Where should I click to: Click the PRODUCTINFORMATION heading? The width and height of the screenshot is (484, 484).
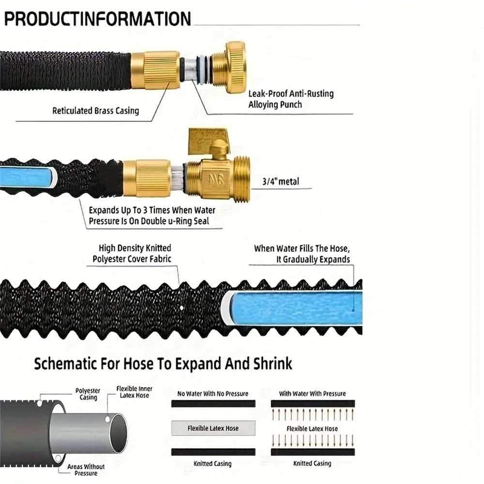tap(98, 19)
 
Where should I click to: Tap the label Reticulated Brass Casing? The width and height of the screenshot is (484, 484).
tap(96, 110)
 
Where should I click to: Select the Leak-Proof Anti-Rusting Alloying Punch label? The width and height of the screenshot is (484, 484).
tap(291, 99)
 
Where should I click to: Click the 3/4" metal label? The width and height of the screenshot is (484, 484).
tap(281, 181)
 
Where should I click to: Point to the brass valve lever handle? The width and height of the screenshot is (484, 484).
tap(209, 141)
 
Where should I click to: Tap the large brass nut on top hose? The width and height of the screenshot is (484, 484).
tap(236, 67)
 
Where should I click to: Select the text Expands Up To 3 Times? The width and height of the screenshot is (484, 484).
tap(129, 210)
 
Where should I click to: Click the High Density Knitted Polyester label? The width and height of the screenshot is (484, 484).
tap(132, 254)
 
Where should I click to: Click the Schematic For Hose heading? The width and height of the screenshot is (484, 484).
tap(163, 363)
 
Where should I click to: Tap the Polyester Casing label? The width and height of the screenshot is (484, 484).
tap(88, 394)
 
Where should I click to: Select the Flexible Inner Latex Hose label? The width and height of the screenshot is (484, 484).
tap(134, 392)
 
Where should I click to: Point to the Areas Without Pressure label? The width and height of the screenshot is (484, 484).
tap(86, 470)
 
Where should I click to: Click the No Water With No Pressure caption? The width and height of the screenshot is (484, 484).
tap(212, 393)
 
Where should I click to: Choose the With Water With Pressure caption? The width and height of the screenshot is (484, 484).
tap(312, 393)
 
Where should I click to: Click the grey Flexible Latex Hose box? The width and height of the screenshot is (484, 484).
tap(213, 428)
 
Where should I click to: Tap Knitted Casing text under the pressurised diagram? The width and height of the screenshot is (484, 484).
tap(312, 463)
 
